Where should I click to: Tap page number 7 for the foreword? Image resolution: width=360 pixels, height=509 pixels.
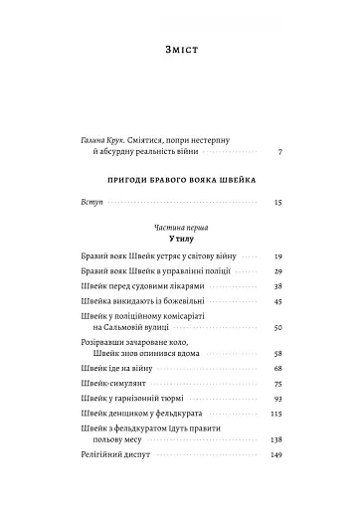[x=281, y=153]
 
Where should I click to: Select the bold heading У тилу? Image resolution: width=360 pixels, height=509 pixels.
[x=179, y=239]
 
